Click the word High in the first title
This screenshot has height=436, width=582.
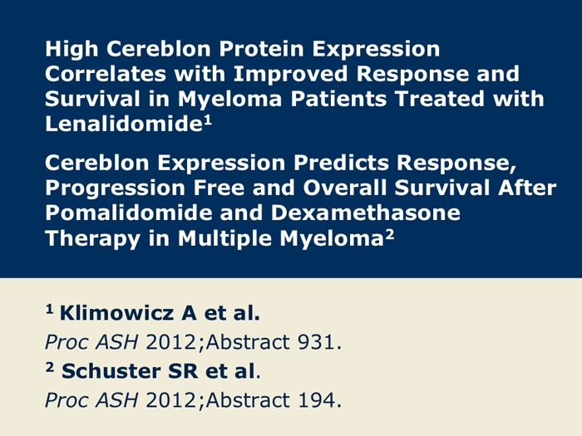[x=72, y=49]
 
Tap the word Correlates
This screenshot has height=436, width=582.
[x=106, y=73]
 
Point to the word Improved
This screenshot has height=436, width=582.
[x=290, y=74]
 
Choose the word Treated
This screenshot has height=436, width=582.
[x=440, y=99]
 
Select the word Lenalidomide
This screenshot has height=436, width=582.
[x=124, y=123]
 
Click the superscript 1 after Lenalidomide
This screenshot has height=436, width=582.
[x=208, y=120]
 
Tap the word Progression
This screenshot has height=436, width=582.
[x=115, y=189]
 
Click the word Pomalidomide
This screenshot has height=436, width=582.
[x=128, y=213]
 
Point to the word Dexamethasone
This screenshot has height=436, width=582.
[x=366, y=213]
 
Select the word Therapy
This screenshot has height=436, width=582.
[x=93, y=238]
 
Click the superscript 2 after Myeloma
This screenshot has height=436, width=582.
[x=390, y=235]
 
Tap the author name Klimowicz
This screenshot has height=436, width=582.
[x=116, y=313]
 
